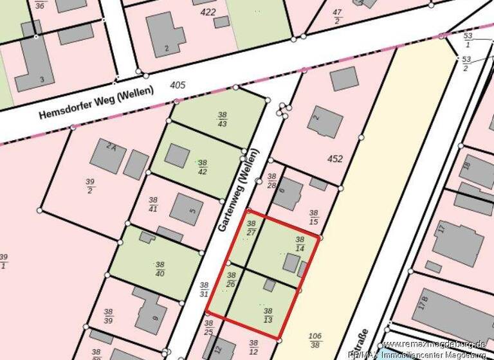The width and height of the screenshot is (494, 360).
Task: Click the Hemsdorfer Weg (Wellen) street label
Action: coord(96,103)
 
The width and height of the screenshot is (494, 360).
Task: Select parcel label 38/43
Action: coord(222,118)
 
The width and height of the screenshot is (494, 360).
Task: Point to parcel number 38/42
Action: coord(203,167)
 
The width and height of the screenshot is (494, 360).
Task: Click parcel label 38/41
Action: coord(153,204)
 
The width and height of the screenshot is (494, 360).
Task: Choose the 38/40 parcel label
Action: coord(160,268)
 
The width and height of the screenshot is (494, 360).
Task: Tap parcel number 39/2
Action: coord(89,186)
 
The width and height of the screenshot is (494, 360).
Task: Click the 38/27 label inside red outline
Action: coord(252,228)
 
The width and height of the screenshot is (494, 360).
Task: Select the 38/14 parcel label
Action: coord(300,244)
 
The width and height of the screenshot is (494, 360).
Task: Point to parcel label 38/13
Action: coord(268,315)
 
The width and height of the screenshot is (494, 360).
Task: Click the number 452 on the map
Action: coord(335,159)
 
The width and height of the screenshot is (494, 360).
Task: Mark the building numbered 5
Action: coord(186,209)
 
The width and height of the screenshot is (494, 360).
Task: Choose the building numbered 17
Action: coord(458,242)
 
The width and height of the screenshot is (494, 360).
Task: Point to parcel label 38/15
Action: coord(314,217)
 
